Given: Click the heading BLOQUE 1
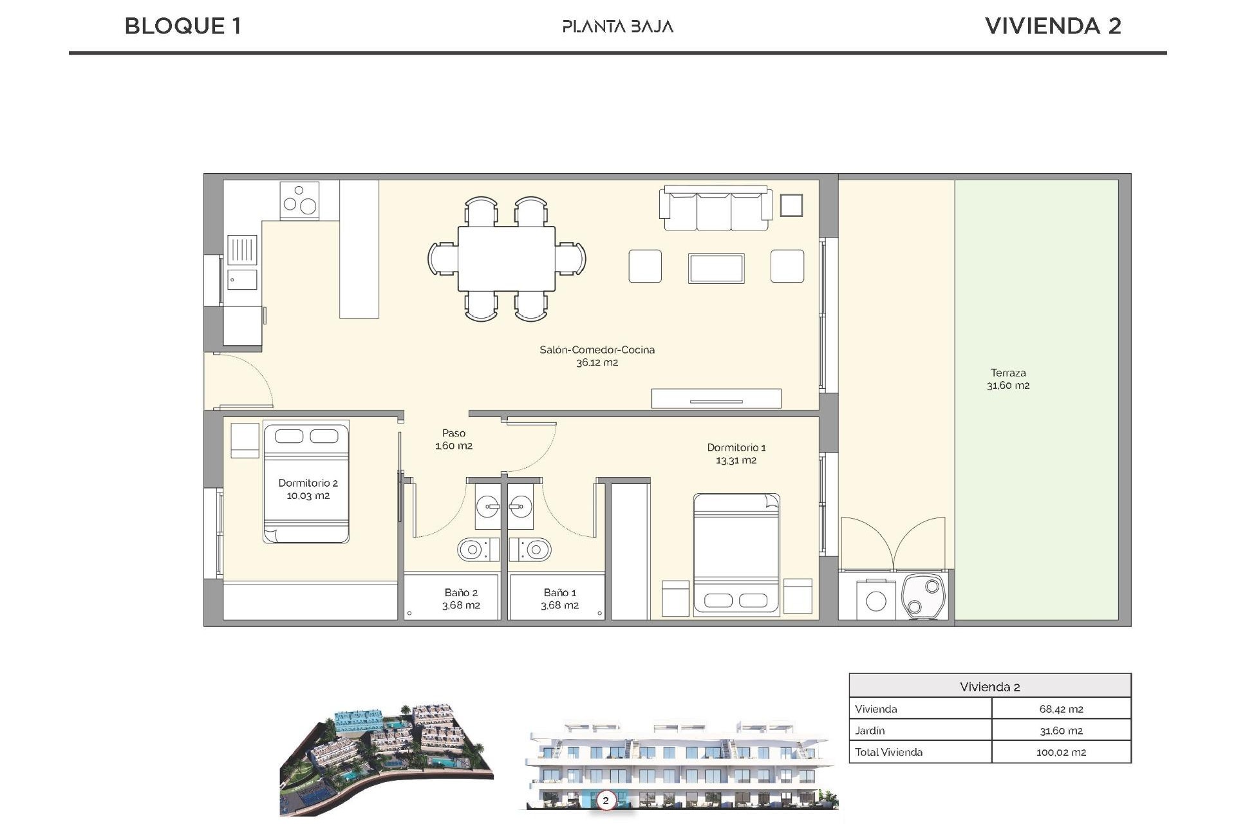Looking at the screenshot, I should click(183, 26).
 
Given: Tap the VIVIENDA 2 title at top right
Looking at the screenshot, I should click(1053, 26).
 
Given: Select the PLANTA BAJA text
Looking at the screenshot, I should click(617, 27).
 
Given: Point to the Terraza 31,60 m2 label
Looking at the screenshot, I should click(1007, 379).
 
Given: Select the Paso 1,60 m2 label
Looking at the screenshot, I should click(453, 439).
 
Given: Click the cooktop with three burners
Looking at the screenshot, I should click(299, 200).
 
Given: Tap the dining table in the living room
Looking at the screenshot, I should click(507, 258).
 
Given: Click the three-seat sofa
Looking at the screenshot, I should click(715, 209).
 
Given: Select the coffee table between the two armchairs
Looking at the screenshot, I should click(716, 268).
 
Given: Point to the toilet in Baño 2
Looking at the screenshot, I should click(477, 550).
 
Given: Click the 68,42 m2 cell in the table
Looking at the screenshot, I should click(1060, 709).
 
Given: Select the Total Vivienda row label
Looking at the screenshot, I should click(888, 752).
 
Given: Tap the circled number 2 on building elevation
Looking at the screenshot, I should click(605, 801).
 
